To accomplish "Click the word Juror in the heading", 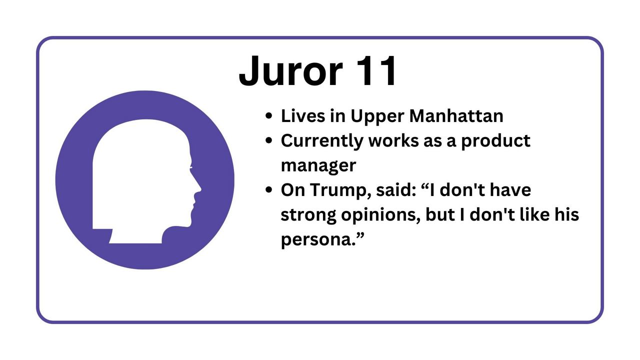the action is (x=291, y=70).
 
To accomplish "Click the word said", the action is (x=396, y=190).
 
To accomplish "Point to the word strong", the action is (x=308, y=215).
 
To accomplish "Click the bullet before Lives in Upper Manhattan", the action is (x=268, y=116).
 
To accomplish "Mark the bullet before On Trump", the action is (x=268, y=190).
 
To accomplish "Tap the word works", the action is (x=393, y=140).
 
